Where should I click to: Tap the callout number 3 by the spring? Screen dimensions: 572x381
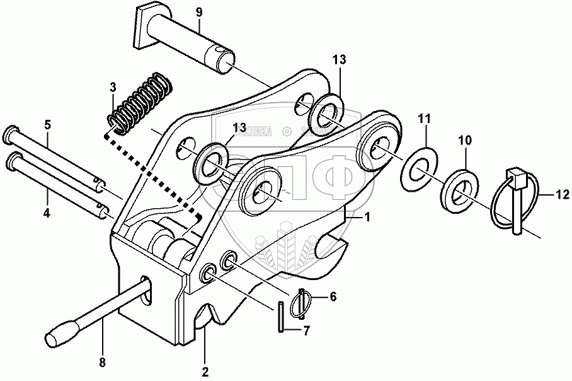(x=113, y=86)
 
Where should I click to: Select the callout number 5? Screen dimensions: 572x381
(x=48, y=124)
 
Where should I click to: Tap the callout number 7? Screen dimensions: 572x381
(x=307, y=329)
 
